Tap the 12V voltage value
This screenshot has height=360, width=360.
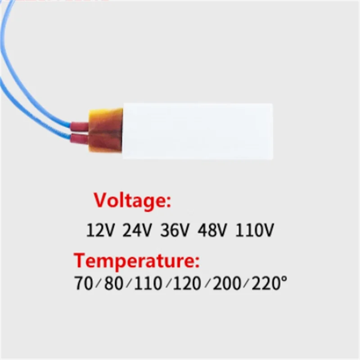tap(100, 230)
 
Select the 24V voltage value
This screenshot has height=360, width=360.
tap(137, 230)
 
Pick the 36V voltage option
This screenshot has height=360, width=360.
tap(175, 230)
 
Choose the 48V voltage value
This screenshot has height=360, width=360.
tap(212, 230)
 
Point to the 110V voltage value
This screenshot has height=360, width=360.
tap(255, 230)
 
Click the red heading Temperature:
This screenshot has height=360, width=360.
tap(137, 261)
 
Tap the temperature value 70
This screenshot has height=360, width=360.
tap(84, 283)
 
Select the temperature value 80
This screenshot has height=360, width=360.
tap(114, 283)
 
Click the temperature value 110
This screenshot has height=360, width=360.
tap(148, 283)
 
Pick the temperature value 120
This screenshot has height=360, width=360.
tap(187, 283)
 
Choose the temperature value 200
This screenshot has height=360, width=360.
tap(227, 283)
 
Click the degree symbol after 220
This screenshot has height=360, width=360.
tap(284, 279)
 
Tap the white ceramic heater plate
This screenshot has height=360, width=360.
tap(198, 131)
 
